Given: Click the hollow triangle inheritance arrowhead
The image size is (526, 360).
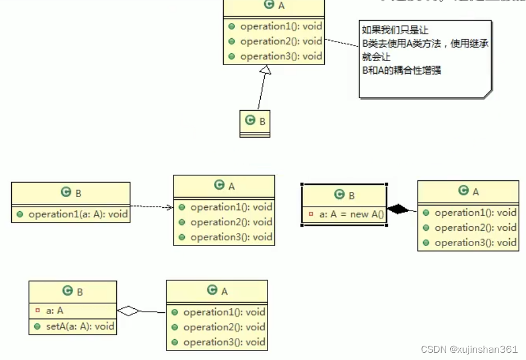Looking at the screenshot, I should tap(266, 70).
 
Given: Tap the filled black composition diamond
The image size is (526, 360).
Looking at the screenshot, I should tap(400, 209).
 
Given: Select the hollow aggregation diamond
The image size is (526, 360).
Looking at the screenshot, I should tap(129, 311).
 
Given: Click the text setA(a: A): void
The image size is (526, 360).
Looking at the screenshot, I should tap(80, 326).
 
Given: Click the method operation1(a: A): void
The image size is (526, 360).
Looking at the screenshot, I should tap(78, 214).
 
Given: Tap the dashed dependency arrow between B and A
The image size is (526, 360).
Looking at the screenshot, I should tap(152, 207).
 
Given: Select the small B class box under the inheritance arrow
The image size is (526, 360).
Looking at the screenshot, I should tap(255, 123).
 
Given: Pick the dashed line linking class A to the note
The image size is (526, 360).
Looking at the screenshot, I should tap(342, 44).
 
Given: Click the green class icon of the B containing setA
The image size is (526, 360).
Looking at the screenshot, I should tap(67, 291).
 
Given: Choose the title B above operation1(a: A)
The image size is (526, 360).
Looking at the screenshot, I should tap(78, 193).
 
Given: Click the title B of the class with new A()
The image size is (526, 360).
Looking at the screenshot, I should tap(352, 195).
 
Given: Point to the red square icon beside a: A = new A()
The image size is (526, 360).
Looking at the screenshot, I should tap(311, 215).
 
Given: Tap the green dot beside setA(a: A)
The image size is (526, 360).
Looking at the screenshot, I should tap(37, 326).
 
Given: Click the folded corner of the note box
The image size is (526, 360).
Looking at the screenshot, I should tap(487, 93).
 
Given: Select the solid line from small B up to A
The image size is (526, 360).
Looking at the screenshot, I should tap(261, 93).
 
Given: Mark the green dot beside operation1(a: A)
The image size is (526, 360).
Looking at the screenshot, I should tap(20, 215).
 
